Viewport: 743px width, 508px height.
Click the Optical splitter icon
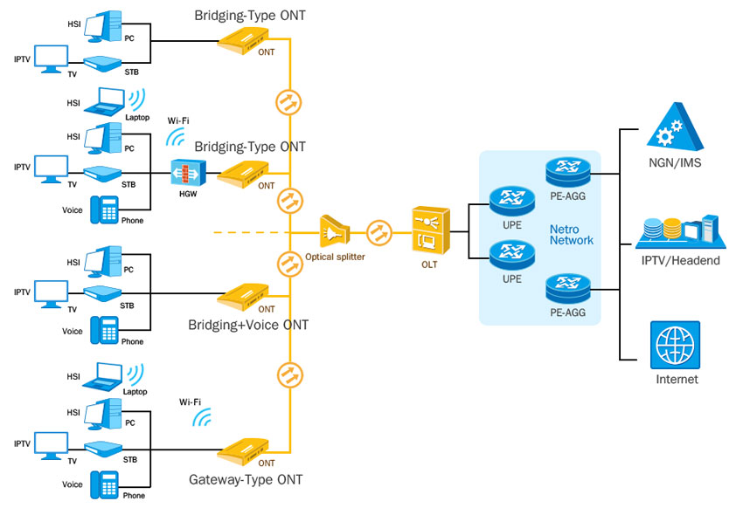coord(335,232)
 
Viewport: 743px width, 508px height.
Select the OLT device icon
coord(431,229)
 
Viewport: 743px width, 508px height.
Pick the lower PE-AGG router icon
coord(566,285)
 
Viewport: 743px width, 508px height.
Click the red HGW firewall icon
coord(187,173)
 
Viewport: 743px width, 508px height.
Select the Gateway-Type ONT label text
coord(247,479)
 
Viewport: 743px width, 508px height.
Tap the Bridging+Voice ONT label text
coord(248,326)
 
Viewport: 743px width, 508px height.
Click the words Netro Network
coord(571,234)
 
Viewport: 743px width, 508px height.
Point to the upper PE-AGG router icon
coord(566,169)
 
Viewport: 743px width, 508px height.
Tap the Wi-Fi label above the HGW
coord(178,120)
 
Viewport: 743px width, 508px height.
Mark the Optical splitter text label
coord(335,257)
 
